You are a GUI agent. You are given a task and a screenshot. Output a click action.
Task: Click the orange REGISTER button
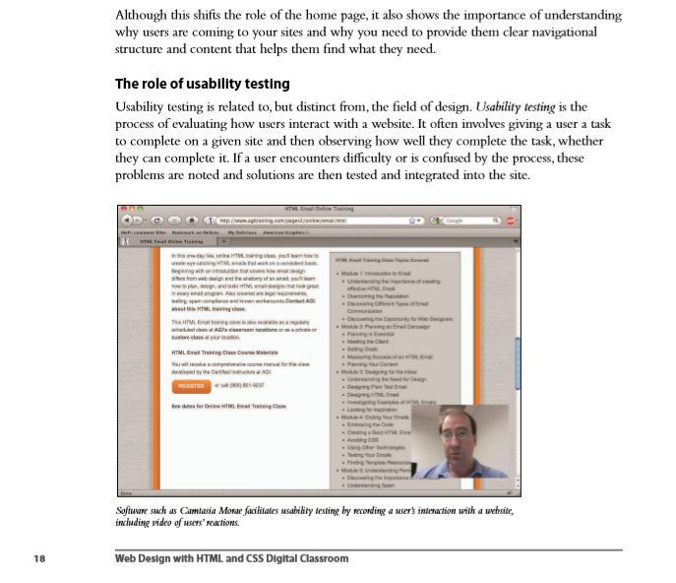[x=190, y=386]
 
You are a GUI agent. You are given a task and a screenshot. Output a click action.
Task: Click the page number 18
[x=39, y=558]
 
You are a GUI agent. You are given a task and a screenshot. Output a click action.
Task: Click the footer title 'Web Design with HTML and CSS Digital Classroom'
[x=231, y=558]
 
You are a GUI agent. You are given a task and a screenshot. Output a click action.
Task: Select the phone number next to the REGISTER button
[x=240, y=386]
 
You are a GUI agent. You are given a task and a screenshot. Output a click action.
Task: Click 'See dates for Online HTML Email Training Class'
[x=228, y=406]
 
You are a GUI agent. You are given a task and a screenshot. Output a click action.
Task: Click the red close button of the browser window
[x=124, y=209]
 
